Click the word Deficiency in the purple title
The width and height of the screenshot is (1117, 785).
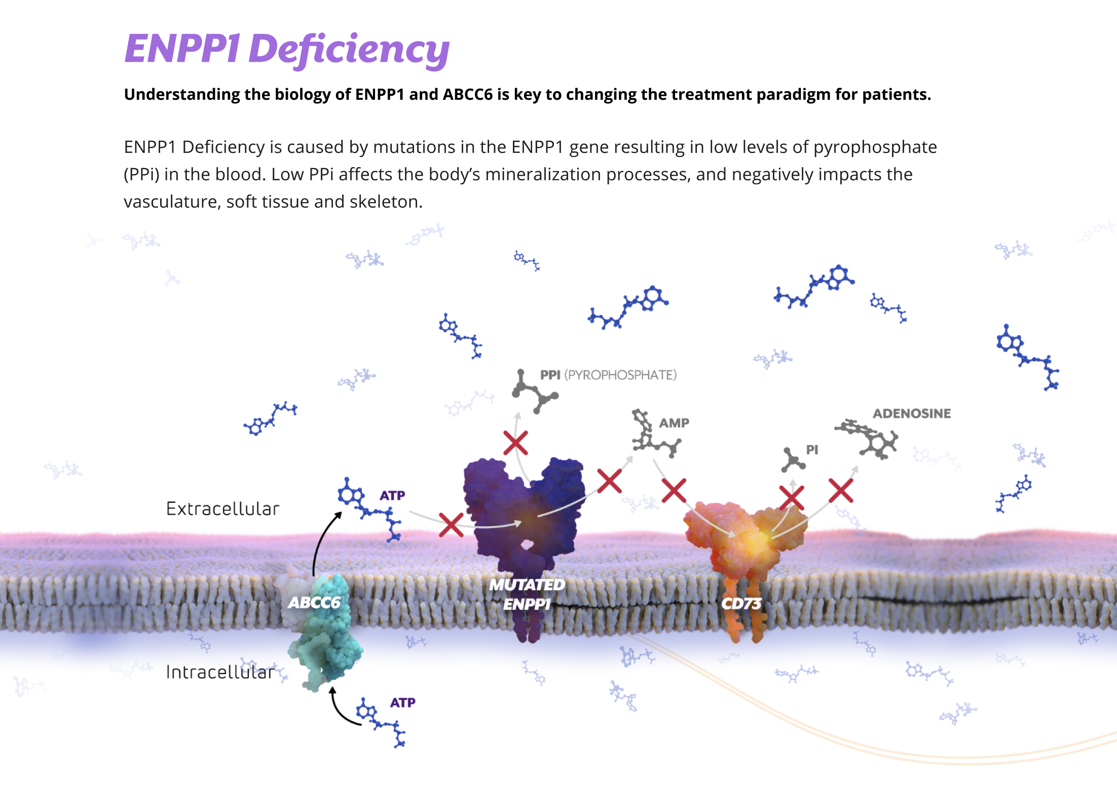pos(349,50)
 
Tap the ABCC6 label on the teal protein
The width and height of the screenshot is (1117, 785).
pos(314,602)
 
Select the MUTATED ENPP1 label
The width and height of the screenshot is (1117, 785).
pos(527,594)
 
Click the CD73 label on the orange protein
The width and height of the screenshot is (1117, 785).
pos(741,603)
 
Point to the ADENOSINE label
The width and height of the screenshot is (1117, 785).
pos(911,413)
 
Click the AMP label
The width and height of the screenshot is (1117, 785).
pos(674,423)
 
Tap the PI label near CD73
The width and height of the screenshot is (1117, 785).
pos(812,450)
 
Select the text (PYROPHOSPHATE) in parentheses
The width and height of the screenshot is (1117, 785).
pos(620,375)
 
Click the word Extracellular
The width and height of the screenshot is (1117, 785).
pos(222,508)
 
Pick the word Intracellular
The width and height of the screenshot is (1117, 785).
pos(220,672)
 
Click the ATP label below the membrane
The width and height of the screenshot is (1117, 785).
pos(402,702)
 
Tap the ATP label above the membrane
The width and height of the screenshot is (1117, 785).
pos(392,495)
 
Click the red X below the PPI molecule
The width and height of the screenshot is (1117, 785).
pos(516,443)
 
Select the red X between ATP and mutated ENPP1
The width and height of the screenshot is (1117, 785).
pos(451,525)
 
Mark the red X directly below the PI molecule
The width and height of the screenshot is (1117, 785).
pos(792,497)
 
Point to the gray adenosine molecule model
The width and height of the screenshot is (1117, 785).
pos(870,439)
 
